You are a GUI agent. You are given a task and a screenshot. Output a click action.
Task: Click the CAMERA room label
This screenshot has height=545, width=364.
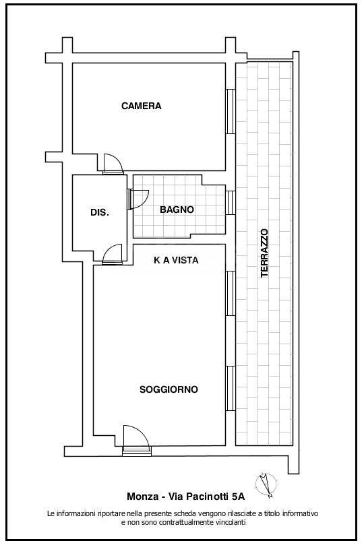[142, 106]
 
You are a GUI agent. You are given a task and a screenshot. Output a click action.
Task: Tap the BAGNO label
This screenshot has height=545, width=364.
[177, 210]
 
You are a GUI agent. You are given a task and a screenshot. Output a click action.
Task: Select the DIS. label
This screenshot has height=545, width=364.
[99, 212]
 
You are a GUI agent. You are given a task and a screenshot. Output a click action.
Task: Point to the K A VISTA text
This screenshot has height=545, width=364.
[176, 260]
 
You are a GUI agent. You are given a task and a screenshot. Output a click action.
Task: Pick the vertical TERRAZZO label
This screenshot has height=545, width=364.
[264, 253]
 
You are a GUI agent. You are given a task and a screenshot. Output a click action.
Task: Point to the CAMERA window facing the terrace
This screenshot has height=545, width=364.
[230, 110]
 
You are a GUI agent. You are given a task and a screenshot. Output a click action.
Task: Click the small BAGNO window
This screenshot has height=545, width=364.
[230, 201]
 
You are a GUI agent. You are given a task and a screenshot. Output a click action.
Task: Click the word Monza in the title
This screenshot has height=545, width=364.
[141, 496]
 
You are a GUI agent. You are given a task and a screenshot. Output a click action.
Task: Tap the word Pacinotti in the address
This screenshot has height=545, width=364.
[204, 496]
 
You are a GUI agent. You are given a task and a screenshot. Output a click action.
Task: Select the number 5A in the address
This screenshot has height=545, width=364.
[238, 496]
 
